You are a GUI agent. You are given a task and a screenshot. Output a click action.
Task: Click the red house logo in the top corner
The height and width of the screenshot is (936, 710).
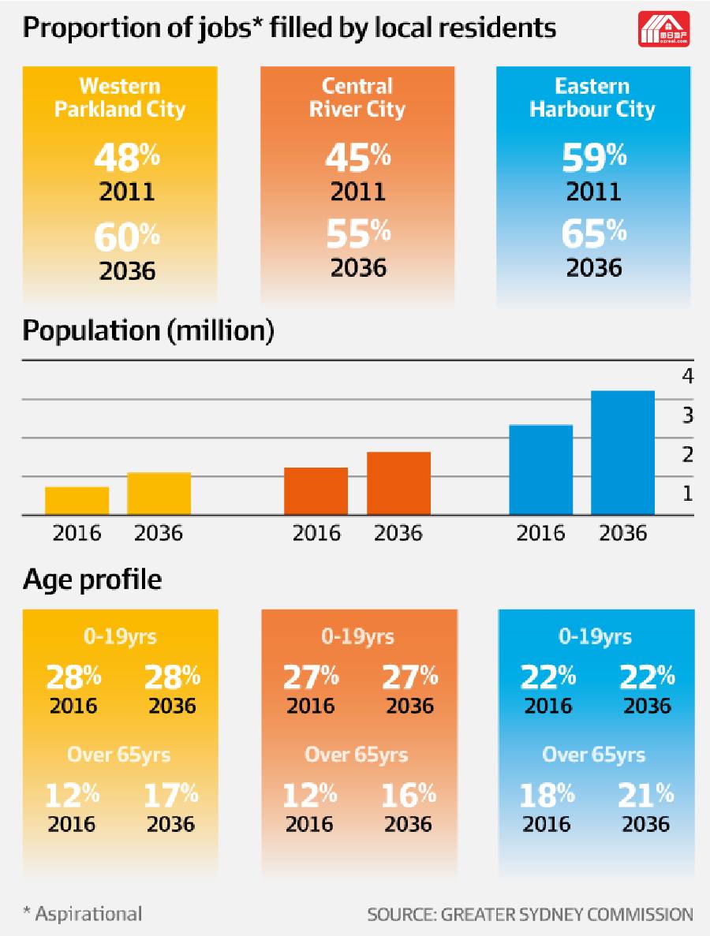tap(663, 28)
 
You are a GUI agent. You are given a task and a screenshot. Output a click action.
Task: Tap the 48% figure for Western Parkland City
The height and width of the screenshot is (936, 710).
tap(126, 157)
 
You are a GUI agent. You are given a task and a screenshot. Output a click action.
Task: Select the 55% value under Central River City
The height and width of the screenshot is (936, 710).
tap(358, 233)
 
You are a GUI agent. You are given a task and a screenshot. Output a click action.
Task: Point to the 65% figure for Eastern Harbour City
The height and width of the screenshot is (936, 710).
tap(594, 233)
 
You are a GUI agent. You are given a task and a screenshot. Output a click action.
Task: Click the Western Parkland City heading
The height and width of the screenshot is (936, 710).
tap(120, 97)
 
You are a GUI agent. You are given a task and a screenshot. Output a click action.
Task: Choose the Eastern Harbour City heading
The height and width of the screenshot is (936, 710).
tap(592, 97)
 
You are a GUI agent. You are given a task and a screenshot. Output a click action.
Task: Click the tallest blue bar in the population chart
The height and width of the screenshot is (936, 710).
tap(622, 453)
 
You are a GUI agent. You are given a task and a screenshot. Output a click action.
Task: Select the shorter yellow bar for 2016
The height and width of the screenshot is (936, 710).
tap(77, 501)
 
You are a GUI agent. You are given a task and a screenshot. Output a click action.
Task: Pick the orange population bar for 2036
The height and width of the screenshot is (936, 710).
tap(398, 483)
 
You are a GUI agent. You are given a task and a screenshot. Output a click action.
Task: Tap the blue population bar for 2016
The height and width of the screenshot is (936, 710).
tap(540, 470)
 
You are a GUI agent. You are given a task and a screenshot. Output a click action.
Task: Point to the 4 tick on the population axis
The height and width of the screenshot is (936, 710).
tap(688, 376)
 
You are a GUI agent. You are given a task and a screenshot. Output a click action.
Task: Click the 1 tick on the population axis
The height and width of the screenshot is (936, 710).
tap(688, 494)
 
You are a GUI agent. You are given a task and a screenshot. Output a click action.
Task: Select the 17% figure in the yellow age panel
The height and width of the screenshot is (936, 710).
tap(170, 795)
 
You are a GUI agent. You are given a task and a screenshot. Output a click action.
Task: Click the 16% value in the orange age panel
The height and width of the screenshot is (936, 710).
tap(409, 795)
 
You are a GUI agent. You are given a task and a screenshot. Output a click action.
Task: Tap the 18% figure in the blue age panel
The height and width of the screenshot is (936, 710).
tap(547, 795)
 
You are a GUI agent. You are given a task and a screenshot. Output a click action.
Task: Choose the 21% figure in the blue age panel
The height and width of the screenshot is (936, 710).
tap(646, 795)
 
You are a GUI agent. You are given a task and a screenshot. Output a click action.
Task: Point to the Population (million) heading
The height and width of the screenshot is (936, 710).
tap(148, 330)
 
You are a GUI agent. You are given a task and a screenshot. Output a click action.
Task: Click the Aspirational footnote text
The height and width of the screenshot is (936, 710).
tap(83, 914)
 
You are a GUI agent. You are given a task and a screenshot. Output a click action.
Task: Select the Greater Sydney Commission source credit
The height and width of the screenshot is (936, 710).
tap(530, 915)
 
